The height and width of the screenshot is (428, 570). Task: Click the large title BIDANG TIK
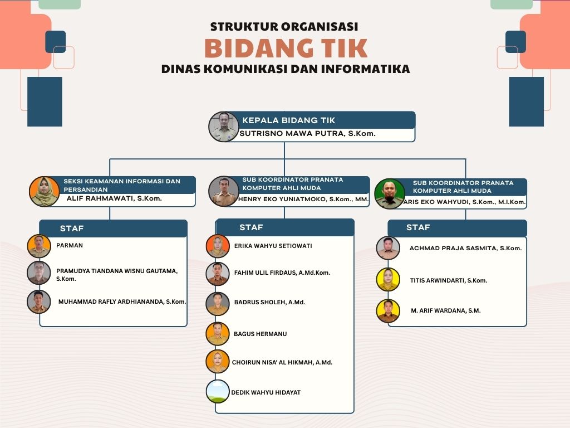(x=286, y=48)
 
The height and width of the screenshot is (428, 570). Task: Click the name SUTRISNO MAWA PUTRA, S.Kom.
(x=307, y=134)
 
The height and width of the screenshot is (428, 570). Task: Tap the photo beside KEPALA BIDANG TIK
(x=224, y=127)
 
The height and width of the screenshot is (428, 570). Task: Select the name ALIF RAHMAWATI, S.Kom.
(x=114, y=198)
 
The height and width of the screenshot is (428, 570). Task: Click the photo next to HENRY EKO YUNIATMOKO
(x=224, y=192)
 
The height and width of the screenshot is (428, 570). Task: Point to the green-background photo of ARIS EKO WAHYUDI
(x=390, y=193)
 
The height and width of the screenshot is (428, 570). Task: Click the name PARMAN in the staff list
(x=70, y=245)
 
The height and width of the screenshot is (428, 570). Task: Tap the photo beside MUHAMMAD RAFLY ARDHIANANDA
(x=39, y=301)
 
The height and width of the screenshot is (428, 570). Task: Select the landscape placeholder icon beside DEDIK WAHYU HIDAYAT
(x=218, y=391)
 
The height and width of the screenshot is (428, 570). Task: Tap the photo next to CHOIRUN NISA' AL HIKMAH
(x=218, y=362)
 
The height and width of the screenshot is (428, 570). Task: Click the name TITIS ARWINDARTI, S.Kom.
(x=448, y=280)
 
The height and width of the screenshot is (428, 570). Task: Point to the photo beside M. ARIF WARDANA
(x=388, y=311)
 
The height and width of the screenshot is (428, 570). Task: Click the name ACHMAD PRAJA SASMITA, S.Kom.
(x=465, y=249)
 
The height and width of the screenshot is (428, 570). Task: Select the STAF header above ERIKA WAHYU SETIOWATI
(x=251, y=227)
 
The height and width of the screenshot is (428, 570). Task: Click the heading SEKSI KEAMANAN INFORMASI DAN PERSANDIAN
(x=122, y=184)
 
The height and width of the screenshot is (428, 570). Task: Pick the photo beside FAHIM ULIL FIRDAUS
(x=218, y=274)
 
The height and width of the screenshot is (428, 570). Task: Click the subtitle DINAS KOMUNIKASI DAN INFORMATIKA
(x=286, y=70)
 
